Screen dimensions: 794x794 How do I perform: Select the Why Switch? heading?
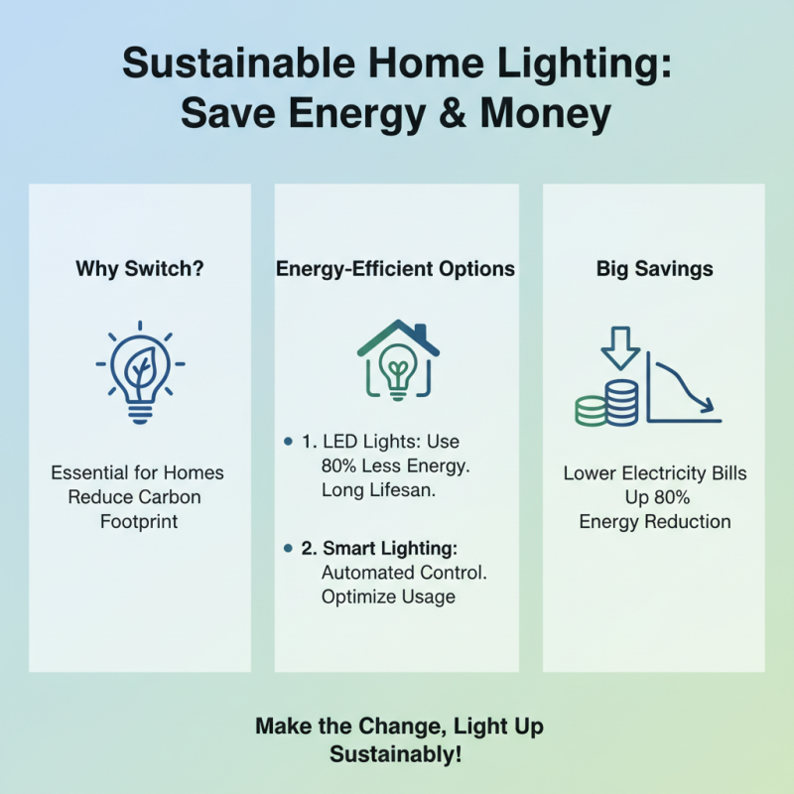(139, 269)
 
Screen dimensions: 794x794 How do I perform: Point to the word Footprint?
(139, 521)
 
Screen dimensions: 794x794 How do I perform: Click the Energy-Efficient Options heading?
(397, 269)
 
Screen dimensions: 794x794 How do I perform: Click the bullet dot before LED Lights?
(288, 440)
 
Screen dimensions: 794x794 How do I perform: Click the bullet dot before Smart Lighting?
(288, 548)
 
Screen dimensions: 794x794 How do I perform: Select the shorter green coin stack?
(592, 410)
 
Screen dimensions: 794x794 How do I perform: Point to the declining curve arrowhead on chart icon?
(705, 404)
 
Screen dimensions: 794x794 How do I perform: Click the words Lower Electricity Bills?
(655, 473)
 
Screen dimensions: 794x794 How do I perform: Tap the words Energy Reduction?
(655, 521)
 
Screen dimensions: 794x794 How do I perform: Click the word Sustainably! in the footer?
(397, 754)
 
